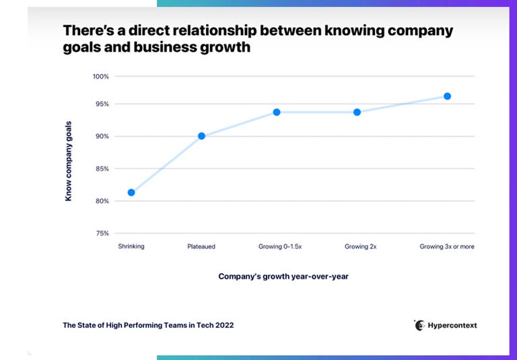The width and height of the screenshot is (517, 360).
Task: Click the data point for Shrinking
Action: coord(131,192)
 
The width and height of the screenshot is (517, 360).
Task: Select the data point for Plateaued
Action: coord(201,136)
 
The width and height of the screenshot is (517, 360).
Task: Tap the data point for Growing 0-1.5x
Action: coord(277,112)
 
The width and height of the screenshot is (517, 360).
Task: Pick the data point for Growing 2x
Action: coord(357,112)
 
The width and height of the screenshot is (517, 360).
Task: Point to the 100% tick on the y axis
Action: coord(100,77)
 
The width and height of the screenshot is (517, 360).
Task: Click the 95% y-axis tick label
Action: coord(102,104)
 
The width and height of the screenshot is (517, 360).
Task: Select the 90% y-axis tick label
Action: coord(102,137)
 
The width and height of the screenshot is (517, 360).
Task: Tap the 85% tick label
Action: coord(102,169)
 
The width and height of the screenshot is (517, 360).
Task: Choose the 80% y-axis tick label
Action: coord(102,201)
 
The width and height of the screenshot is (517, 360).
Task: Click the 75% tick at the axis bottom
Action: coord(102,233)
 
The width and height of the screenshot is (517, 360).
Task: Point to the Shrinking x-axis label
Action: coord(131,247)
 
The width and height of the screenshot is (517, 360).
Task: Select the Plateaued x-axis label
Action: coord(201,247)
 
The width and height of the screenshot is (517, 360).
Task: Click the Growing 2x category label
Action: coord(360,247)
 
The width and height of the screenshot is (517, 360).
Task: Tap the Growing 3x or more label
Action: coord(447,247)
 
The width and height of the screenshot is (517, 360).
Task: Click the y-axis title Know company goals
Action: coord(68,161)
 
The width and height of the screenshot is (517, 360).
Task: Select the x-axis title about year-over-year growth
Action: coord(283,277)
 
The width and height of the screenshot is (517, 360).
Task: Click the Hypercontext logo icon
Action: coord(419,325)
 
